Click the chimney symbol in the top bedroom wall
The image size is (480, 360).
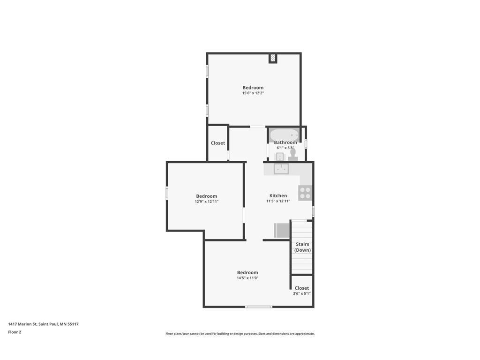click(273, 58)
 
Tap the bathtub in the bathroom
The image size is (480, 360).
click(284, 135)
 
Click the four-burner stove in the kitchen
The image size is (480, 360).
click(305, 193)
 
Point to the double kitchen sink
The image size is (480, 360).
click(281, 168)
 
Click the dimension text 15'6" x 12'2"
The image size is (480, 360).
click(253, 93)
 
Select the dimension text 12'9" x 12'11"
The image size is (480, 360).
click(206, 202)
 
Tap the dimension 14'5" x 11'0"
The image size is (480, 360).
click(247, 278)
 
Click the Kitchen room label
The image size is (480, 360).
click(278, 195)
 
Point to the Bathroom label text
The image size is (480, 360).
click(285, 142)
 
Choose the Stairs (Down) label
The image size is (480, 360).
click(302, 247)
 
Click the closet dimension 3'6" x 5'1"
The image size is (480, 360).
click(301, 293)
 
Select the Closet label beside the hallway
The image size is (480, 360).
click(217, 143)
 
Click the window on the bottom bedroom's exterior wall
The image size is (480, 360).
click(258, 307)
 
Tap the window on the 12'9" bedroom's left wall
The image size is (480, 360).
click(167, 193)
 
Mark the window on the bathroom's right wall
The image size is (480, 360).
click(306, 143)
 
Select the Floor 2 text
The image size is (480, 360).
click(15, 332)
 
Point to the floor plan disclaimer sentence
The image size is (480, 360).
click(240, 334)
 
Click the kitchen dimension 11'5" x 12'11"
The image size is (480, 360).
click(278, 201)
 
